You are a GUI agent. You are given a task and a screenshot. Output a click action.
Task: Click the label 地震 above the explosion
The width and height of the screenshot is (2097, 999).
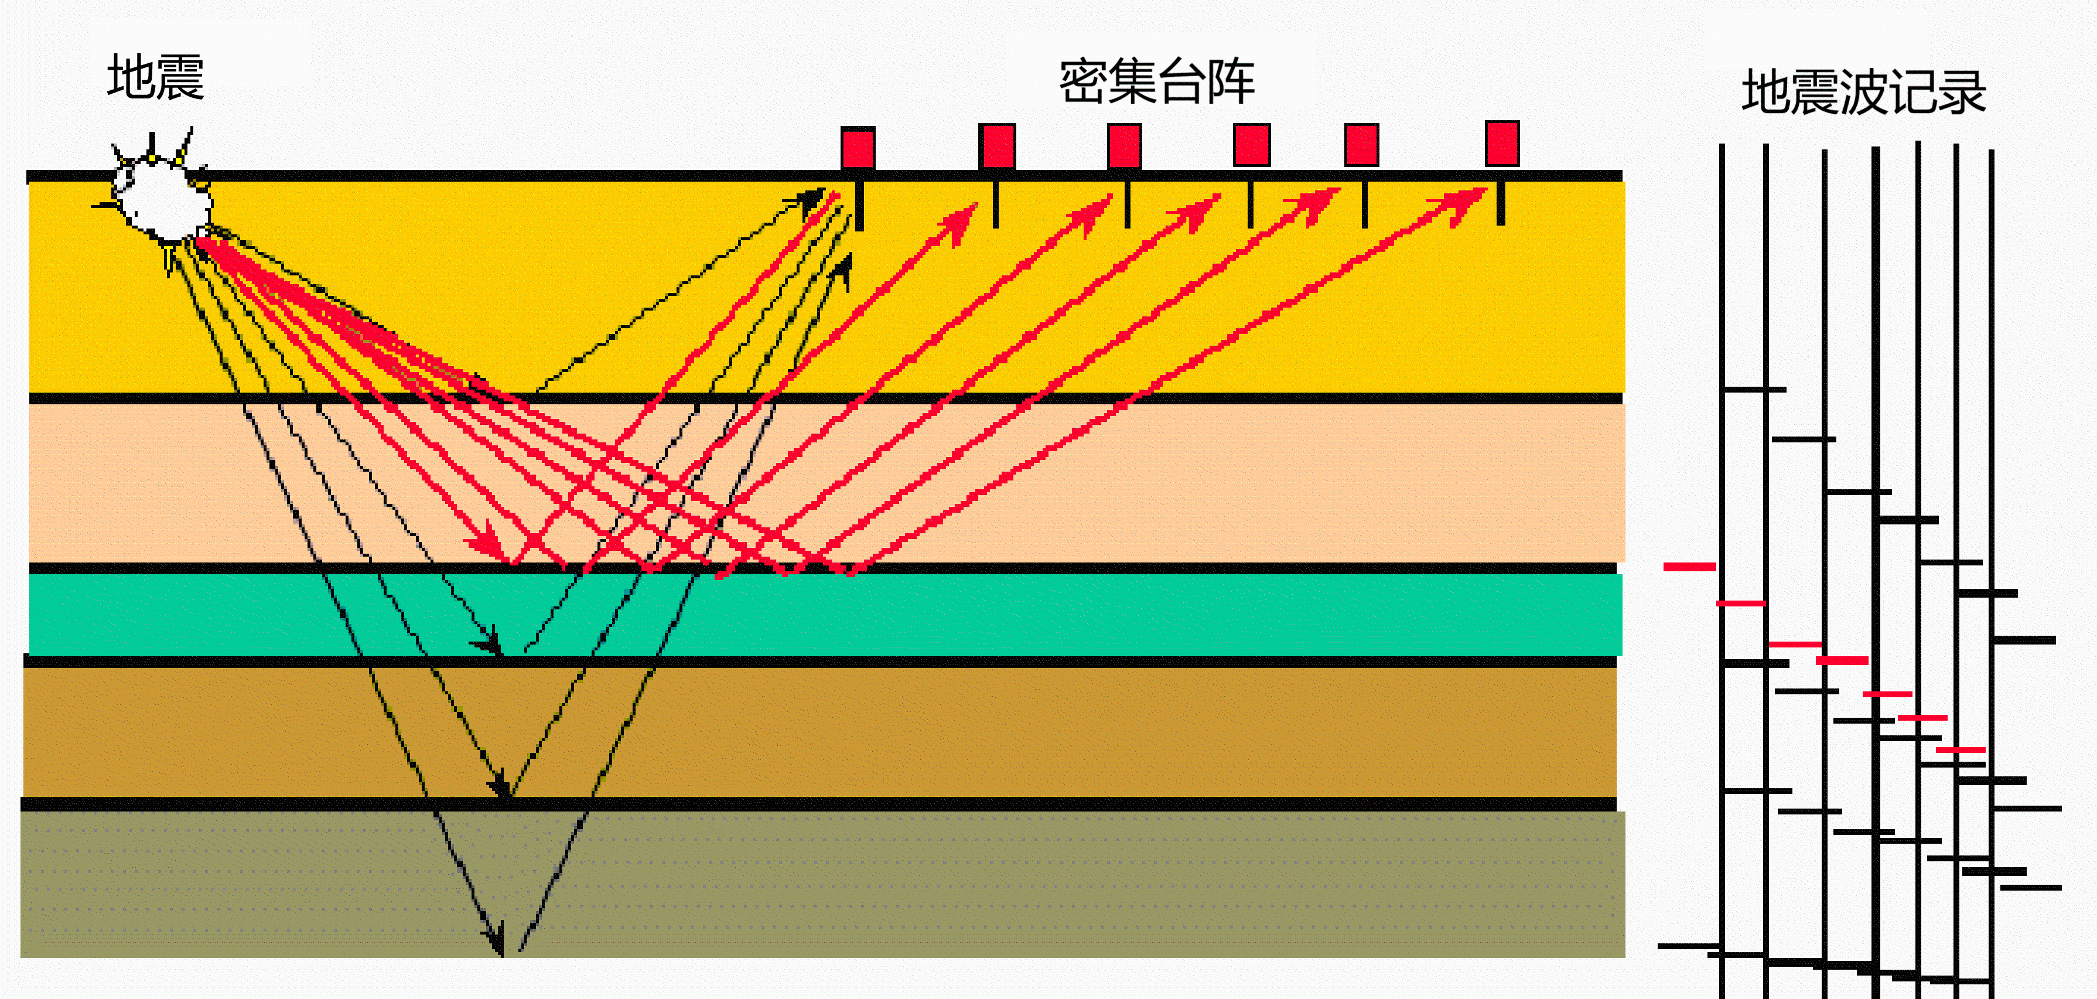155,77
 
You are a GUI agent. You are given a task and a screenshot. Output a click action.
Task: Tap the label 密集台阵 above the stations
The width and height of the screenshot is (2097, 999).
1157,81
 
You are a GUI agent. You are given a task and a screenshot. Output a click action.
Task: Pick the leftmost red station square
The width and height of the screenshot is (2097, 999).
858,148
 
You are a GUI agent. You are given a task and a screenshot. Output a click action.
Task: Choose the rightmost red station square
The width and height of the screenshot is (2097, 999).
1502,144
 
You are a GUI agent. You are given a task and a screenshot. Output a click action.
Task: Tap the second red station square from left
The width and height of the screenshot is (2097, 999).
997,146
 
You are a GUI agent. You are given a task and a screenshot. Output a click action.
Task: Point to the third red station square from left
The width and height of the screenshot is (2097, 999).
1124,146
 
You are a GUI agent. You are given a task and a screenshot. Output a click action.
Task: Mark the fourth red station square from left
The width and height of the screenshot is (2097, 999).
1252,145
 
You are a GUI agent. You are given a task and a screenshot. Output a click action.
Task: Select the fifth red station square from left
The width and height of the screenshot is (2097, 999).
1362,145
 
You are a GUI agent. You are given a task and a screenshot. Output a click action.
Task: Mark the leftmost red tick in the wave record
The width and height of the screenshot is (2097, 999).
1689,567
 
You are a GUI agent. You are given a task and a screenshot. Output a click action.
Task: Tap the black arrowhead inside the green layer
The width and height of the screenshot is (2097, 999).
489,643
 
